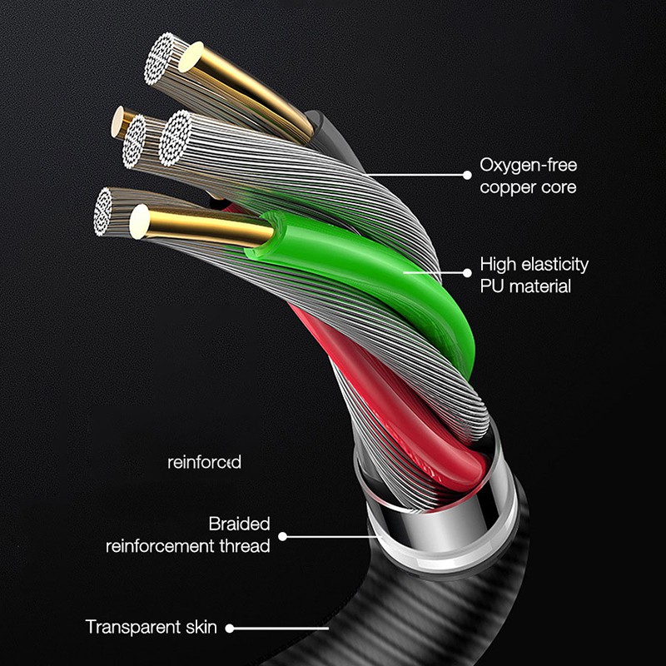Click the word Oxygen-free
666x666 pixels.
[x=529, y=165]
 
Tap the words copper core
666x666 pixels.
[x=528, y=187]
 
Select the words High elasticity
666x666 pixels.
[x=534, y=264]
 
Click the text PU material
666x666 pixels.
[x=525, y=286]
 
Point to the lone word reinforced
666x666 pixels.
[x=204, y=462]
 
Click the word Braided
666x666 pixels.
[x=239, y=524]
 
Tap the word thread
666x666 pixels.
[x=245, y=546]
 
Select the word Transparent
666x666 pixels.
[x=133, y=628]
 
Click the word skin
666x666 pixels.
[x=201, y=627]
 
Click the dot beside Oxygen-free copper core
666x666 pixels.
[x=467, y=175]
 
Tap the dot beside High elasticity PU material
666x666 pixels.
[x=467, y=273]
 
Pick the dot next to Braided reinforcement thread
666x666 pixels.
[x=282, y=537]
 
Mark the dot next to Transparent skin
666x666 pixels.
[x=230, y=629]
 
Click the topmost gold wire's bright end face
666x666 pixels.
[x=191, y=57]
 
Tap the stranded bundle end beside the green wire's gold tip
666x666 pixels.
[x=102, y=211]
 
